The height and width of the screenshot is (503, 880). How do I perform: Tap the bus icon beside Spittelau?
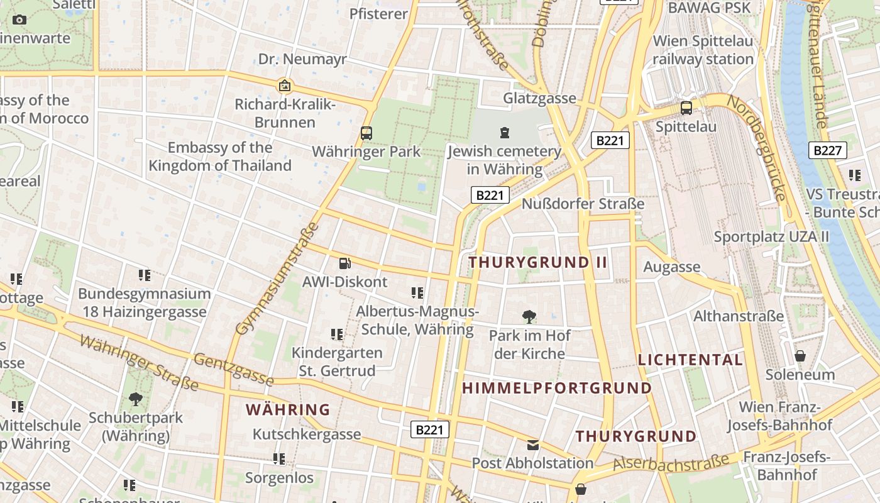(686, 108)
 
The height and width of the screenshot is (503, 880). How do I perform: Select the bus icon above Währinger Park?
(366, 133)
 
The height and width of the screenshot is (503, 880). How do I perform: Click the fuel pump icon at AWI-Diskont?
(344, 263)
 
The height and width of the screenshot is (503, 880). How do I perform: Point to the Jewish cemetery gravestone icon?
(504, 132)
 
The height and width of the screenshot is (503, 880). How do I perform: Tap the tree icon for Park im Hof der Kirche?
(529, 316)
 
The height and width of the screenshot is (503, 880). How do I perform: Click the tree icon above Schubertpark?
(135, 399)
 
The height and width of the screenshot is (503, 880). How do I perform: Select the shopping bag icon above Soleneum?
(800, 356)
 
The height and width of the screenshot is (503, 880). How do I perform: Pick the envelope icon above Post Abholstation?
(532, 445)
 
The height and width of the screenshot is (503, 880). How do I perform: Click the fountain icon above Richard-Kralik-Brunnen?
(285, 86)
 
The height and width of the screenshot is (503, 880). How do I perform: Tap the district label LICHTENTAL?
(690, 360)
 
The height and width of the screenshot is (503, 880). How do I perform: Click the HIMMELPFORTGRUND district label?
(557, 388)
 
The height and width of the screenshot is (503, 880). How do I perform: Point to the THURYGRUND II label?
(538, 262)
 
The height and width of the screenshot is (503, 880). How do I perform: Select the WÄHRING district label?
(288, 410)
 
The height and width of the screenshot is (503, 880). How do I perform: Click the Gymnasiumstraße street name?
(277, 279)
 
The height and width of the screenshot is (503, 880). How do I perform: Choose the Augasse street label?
(671, 267)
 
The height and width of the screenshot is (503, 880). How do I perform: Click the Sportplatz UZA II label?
(771, 237)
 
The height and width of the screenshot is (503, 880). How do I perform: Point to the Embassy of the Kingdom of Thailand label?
(220, 157)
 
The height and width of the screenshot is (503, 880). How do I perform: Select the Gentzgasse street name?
(234, 368)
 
